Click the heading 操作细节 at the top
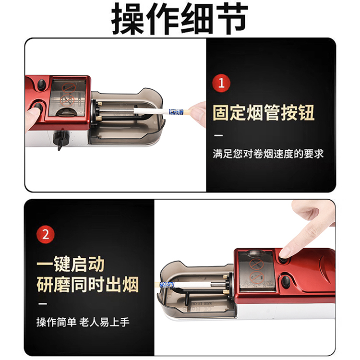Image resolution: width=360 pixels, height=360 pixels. [180, 18]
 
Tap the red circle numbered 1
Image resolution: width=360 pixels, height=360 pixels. [221, 83]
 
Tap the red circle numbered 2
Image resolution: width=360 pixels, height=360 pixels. [46, 234]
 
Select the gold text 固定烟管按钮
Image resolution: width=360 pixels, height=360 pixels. [263, 112]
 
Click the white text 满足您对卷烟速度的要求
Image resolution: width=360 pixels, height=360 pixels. [268, 154]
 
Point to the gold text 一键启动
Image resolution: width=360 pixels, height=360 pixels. [71, 264]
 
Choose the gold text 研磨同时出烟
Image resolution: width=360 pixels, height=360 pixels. [87, 285]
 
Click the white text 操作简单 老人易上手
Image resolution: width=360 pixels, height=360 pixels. [83, 322]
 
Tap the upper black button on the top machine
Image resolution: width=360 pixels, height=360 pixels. [42, 84]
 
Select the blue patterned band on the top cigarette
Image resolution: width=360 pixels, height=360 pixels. [176, 112]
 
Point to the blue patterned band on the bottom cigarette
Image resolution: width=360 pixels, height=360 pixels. [167, 285]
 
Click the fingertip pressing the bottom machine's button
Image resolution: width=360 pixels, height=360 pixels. [284, 253]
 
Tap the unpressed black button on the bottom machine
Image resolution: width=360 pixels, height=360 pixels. [286, 281]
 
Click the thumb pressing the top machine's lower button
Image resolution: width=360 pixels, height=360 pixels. [32, 115]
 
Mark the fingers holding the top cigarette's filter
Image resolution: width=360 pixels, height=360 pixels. [197, 114]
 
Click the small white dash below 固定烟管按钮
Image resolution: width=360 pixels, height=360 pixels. [218, 135]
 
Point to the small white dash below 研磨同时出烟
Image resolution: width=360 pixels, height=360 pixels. [43, 304]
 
